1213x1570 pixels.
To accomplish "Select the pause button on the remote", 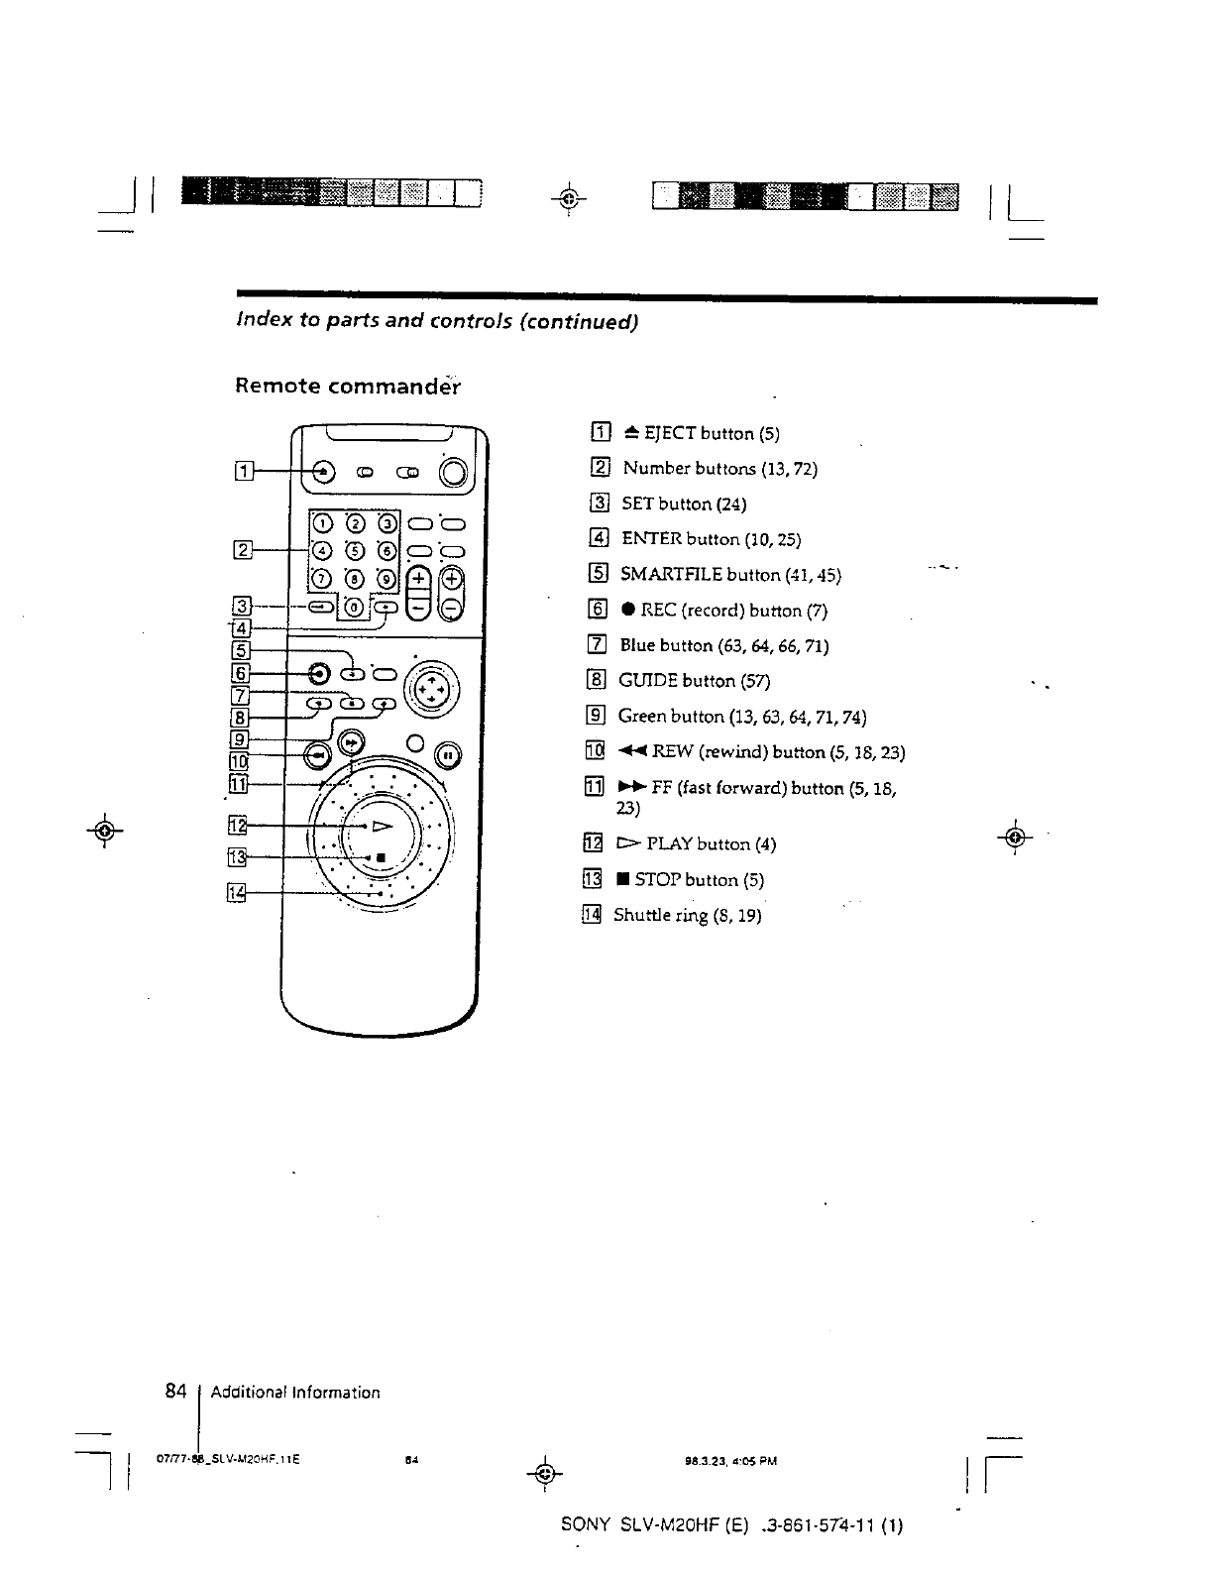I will click(447, 754).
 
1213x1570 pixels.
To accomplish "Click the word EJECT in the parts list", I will click(670, 433).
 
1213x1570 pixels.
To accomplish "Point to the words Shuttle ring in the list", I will click(658, 915).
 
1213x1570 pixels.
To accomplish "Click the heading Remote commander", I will click(347, 386).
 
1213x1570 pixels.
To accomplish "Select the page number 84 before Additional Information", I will click(176, 1391).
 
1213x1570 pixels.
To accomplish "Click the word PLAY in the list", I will click(670, 844).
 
